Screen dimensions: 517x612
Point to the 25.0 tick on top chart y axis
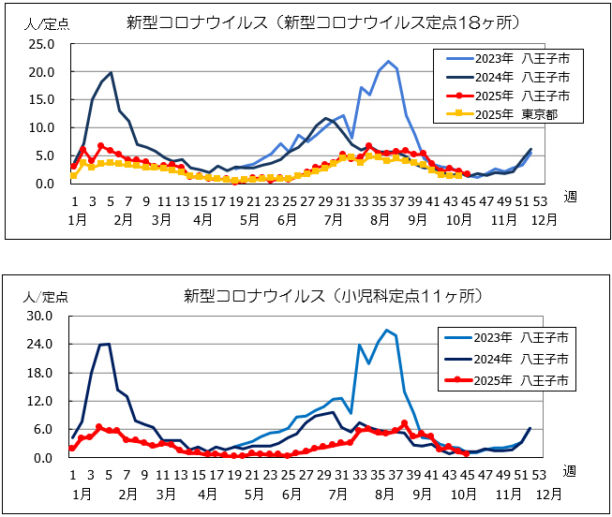42,44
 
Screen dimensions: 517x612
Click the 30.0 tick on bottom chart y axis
42,316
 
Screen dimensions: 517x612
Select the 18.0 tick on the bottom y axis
42,373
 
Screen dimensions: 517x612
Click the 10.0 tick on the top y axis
42,127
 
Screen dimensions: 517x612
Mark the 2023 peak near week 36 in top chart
388,62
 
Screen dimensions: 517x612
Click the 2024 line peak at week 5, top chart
112,72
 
